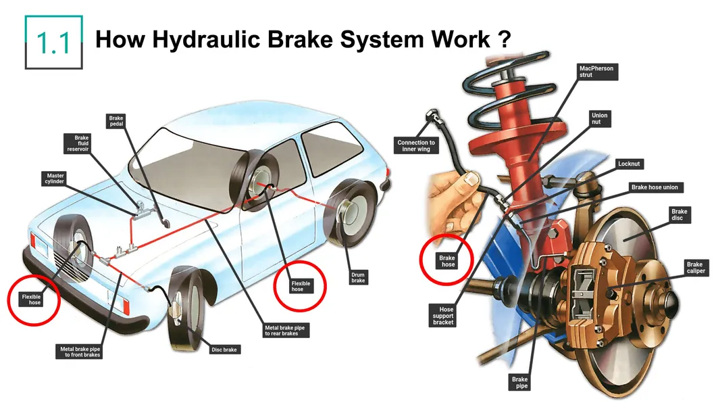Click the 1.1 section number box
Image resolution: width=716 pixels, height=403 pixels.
tap(54, 42)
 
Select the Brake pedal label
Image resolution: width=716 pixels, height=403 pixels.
tap(116, 122)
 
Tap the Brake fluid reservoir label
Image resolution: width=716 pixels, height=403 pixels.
tap(81, 143)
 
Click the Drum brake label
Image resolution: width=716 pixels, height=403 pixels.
tap(358, 277)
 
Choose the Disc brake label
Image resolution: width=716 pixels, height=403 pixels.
tap(226, 350)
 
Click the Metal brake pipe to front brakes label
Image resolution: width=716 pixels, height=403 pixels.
tap(80, 352)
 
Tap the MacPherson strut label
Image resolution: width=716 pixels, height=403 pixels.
tap(595, 72)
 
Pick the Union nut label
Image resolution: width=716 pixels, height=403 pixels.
tap(599, 119)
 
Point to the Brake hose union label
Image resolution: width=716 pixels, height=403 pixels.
tap(655, 187)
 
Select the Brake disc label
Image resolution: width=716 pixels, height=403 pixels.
tap(679, 216)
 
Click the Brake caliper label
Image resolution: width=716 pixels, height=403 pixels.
tap(694, 268)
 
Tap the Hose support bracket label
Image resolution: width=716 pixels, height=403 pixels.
tap(443, 315)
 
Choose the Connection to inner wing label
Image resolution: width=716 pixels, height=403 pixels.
tap(416, 146)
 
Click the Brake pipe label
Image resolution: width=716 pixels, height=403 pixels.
tap(519, 383)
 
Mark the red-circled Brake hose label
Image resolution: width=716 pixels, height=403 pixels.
tap(447, 261)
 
